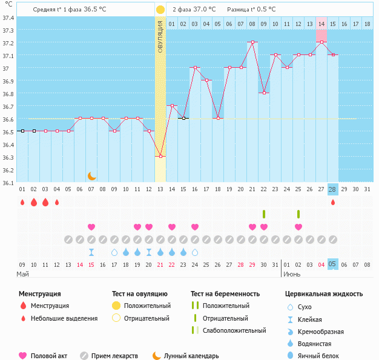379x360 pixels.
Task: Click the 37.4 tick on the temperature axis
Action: pyautogui.click(x=8, y=18)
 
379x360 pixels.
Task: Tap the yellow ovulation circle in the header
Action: pyautogui.click(x=160, y=10)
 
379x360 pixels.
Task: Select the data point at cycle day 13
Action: pyautogui.click(x=160, y=157)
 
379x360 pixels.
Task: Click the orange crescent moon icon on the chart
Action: pyautogui.click(x=91, y=175)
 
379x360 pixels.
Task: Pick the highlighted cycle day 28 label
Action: pyautogui.click(x=332, y=189)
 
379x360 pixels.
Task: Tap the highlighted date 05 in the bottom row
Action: pyautogui.click(x=332, y=264)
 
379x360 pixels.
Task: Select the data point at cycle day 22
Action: pyautogui.click(x=264, y=93)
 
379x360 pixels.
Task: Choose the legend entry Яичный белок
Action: pyautogui.click(x=322, y=356)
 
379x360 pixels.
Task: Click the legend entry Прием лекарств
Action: pyautogui.click(x=114, y=356)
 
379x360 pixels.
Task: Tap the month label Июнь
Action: pyautogui.click(x=292, y=274)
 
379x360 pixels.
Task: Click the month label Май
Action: pyautogui.click(x=22, y=274)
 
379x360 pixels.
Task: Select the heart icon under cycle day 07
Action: pyautogui.click(x=91, y=227)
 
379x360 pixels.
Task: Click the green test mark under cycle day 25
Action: pyautogui.click(x=298, y=214)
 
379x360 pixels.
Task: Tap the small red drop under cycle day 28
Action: pyautogui.click(x=332, y=202)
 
